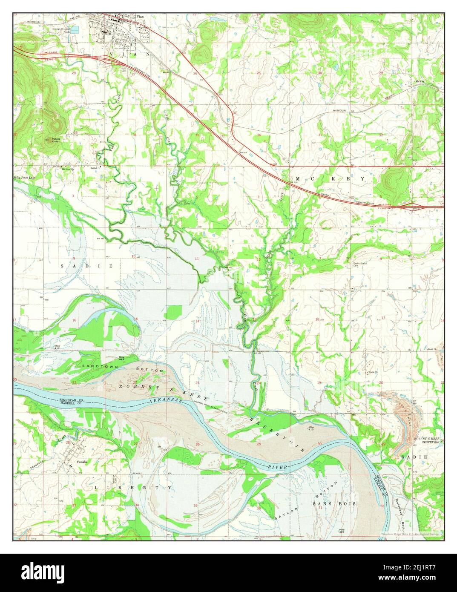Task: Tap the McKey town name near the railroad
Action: (x=420, y=81)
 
